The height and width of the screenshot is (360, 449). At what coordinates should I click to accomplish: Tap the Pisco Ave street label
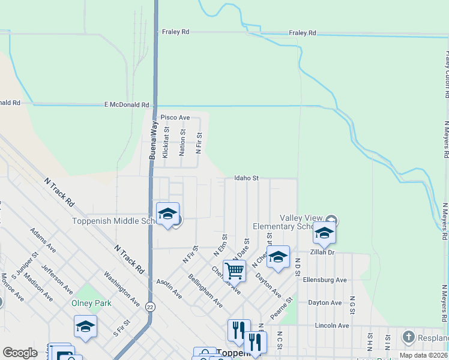point(175,118)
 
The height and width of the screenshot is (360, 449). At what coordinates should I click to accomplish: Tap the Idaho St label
point(246,178)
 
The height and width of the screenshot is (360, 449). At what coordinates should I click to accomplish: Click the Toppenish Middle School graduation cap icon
point(167,214)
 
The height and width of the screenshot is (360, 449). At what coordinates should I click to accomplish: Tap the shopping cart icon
point(234,271)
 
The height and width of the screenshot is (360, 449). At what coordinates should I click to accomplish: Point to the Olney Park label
point(91,303)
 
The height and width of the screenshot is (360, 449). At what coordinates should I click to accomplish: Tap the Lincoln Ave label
point(331,325)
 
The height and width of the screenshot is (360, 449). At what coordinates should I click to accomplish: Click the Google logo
point(20,353)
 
